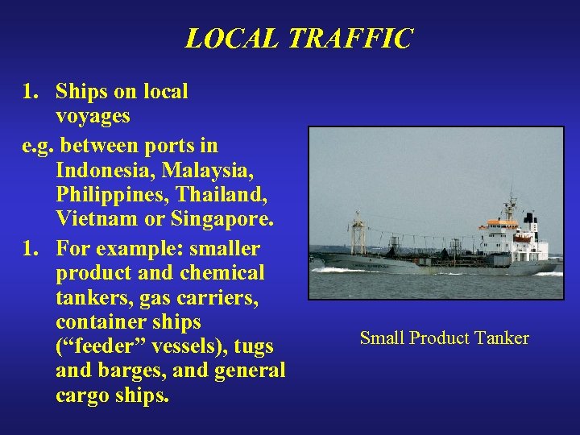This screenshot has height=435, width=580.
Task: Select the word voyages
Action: (x=93, y=116)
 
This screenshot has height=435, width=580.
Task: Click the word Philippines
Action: (x=106, y=195)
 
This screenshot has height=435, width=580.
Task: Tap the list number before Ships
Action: (x=30, y=92)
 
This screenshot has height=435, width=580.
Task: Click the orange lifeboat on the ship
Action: (x=521, y=238)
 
